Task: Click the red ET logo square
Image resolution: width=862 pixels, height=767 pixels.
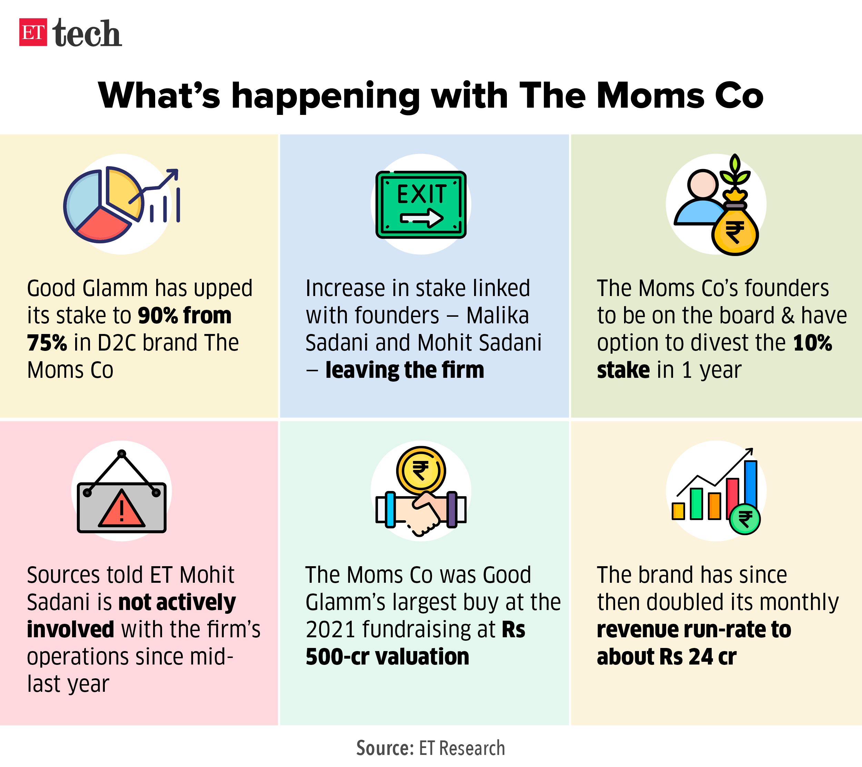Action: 33,32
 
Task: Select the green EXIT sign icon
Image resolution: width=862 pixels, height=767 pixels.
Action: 421,205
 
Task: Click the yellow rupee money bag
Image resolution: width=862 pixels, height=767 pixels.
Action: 735,230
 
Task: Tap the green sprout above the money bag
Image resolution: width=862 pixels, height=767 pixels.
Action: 735,172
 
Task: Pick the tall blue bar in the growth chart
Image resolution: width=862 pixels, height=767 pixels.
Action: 751,485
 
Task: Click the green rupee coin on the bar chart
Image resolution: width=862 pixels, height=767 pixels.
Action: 745,519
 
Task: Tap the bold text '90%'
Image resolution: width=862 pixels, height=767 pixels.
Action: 158,316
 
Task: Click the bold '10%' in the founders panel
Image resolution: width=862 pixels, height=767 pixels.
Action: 812,343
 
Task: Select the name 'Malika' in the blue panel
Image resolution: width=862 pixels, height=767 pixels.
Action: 498,316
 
